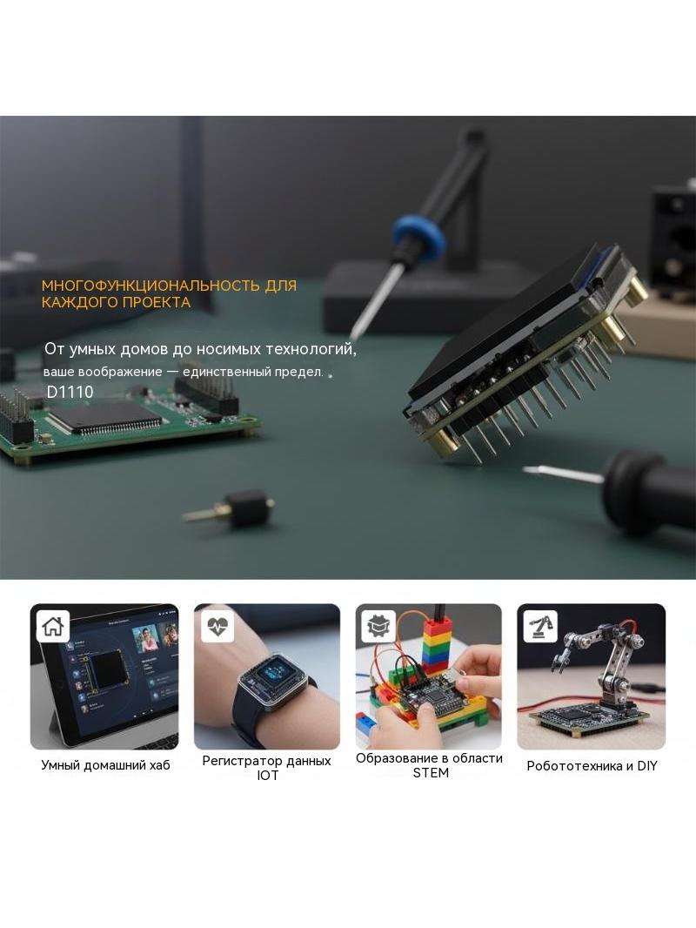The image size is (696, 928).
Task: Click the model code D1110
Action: tap(70, 392)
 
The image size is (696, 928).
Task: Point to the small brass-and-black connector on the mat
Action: tap(231, 508)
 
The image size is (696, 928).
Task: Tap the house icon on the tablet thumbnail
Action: tap(53, 626)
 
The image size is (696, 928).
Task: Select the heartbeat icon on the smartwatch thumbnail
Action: tap(217, 626)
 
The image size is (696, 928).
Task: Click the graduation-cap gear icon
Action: tap(378, 626)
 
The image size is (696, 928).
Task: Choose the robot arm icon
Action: tap(540, 626)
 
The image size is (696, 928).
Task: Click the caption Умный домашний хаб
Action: tap(105, 765)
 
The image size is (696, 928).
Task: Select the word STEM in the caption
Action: tap(431, 773)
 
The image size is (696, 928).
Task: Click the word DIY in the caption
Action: tap(647, 766)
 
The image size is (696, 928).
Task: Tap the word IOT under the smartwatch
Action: tap(267, 776)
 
